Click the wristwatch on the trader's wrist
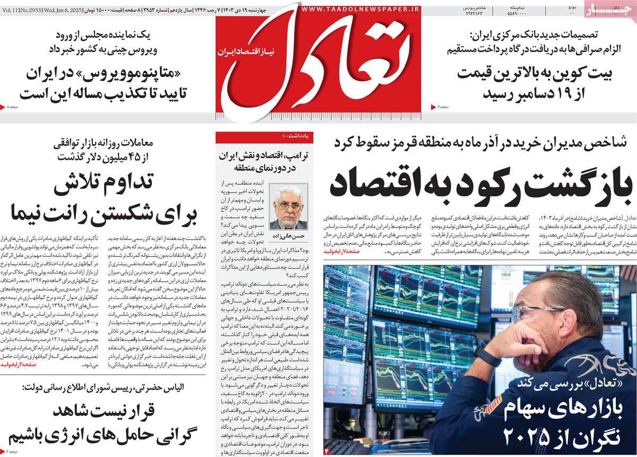tap(485, 353)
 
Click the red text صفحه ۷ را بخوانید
tap(343, 250)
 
